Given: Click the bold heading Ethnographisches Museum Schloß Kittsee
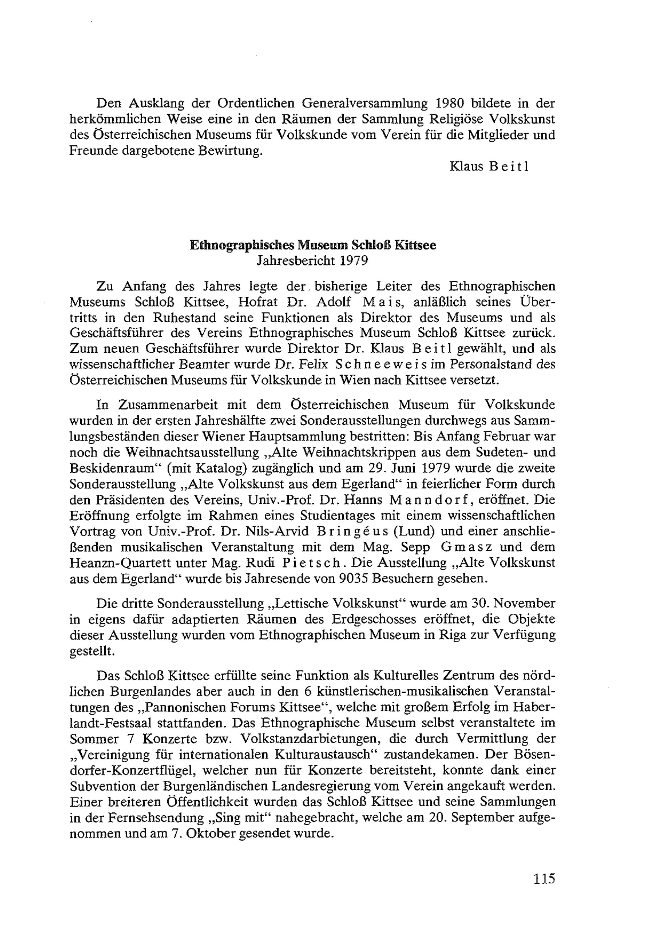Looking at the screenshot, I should point(313,245).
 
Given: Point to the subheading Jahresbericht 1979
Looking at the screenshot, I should point(313,261).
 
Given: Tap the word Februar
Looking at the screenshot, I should point(510,436).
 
